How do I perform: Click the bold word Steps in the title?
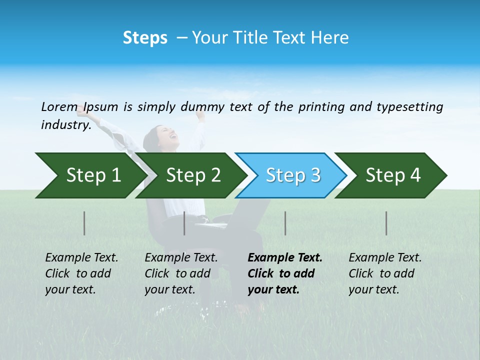(145, 37)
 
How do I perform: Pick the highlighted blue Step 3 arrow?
(292, 175)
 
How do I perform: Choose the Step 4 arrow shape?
(392, 175)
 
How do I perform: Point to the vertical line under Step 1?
(84, 223)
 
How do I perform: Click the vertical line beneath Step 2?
(184, 223)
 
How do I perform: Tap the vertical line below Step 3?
(285, 223)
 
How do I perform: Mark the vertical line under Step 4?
(386, 223)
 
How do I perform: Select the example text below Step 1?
(81, 273)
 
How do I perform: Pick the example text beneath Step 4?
(385, 273)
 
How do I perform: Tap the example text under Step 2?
(181, 273)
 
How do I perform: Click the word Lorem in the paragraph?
(60, 107)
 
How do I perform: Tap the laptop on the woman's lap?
(215, 222)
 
